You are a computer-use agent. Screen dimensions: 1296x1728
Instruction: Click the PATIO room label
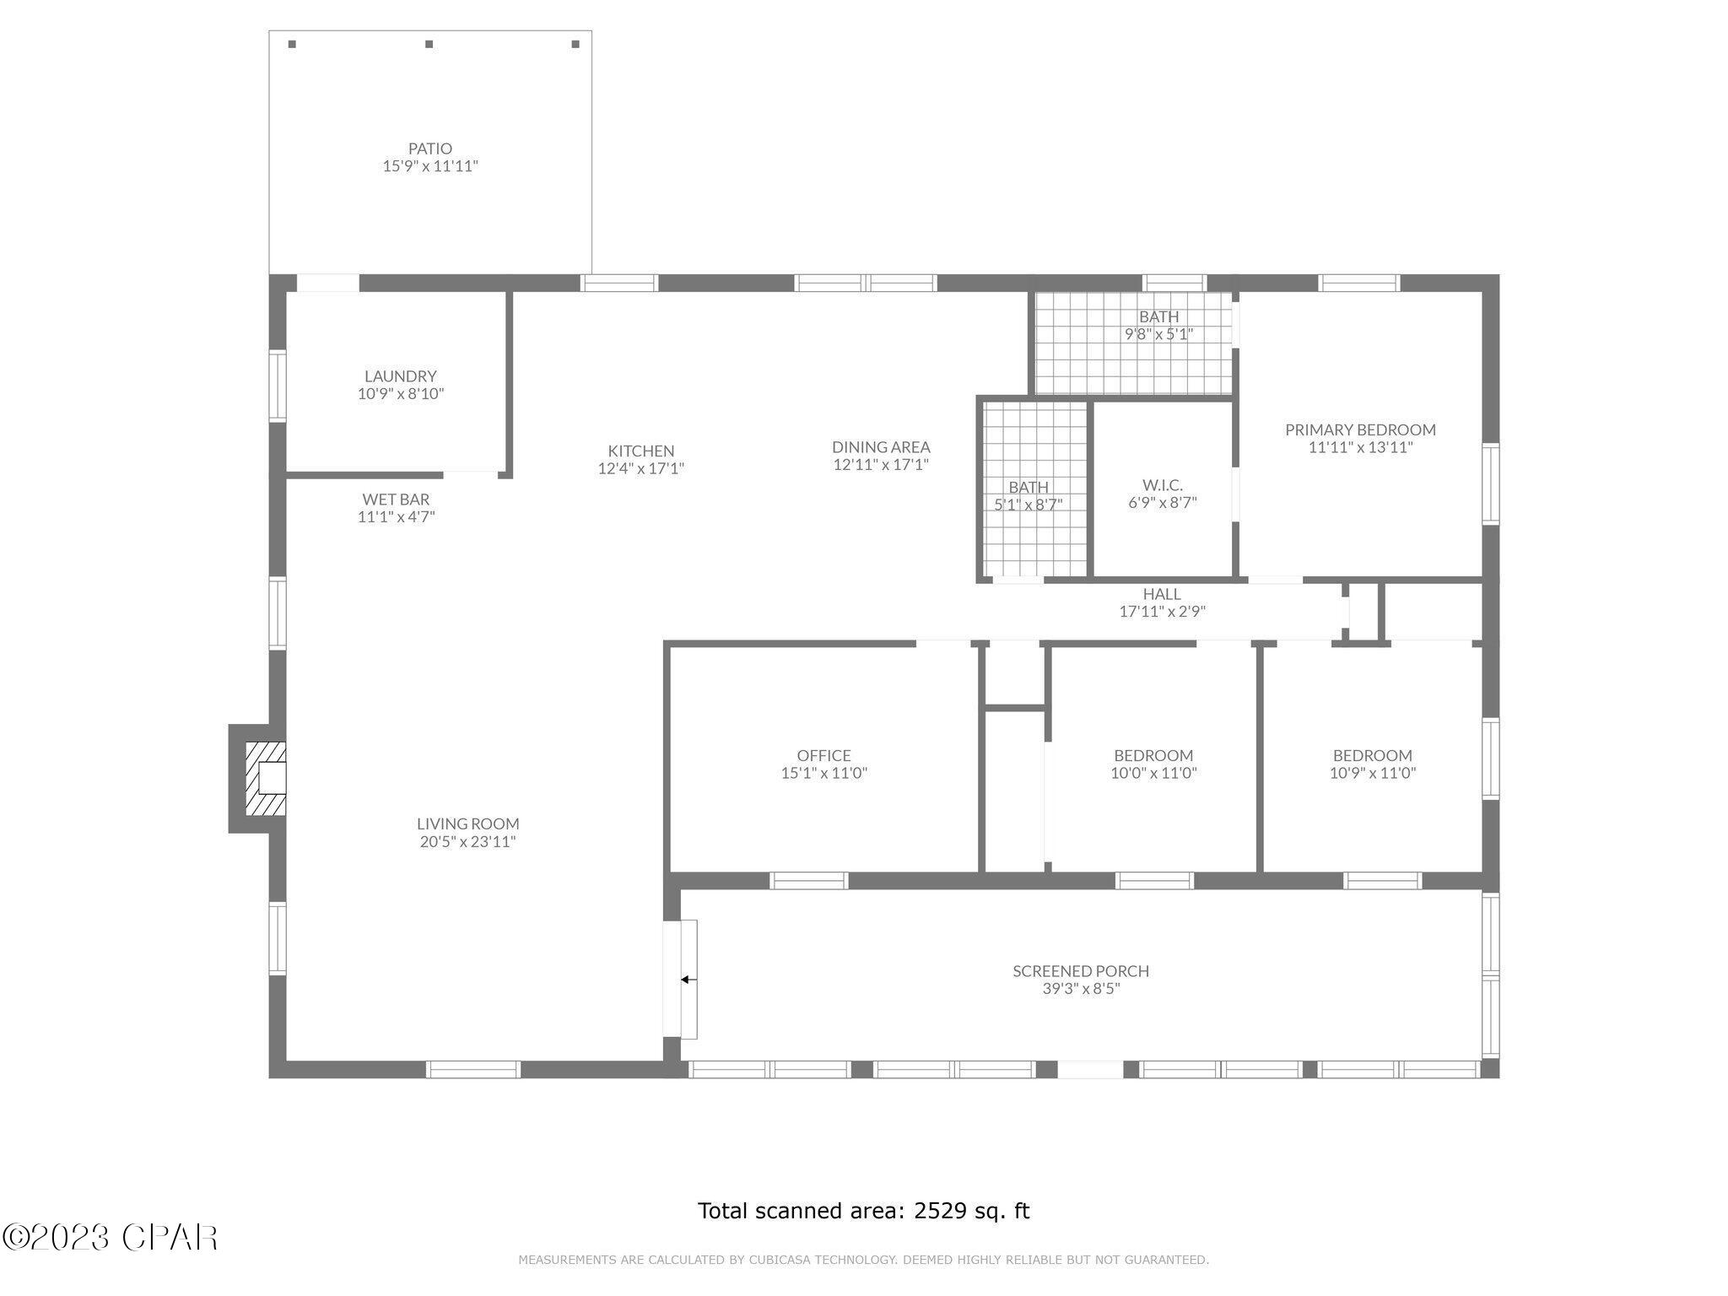tap(430, 148)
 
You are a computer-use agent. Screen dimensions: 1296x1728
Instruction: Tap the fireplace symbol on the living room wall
tap(266, 778)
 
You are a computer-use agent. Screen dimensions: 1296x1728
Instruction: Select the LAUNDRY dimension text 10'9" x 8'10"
tap(400, 394)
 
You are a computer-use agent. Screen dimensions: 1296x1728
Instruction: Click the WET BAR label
tap(396, 499)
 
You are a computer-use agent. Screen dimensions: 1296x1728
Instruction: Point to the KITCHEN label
tap(640, 451)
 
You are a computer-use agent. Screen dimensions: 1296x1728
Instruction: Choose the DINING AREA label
tap(881, 447)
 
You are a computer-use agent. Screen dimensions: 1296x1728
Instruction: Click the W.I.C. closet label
tap(1162, 485)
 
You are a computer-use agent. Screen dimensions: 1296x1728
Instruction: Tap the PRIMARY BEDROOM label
tap(1360, 429)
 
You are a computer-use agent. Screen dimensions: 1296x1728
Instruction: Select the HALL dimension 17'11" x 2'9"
tap(1162, 612)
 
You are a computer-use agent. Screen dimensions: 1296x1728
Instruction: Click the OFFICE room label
tap(823, 755)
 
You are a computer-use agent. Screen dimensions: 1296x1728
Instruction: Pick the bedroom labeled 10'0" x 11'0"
tap(1153, 764)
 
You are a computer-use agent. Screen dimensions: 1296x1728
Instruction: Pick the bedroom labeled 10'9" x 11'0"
tap(1372, 764)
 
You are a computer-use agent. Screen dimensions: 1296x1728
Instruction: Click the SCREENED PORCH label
tap(1080, 971)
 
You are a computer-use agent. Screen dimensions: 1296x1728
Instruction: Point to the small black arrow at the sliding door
tap(686, 980)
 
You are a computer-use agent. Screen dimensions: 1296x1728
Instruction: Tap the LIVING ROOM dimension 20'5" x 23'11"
tap(467, 841)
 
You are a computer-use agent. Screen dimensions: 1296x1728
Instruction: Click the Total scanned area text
tap(863, 1211)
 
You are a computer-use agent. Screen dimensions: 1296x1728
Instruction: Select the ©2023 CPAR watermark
tap(110, 1238)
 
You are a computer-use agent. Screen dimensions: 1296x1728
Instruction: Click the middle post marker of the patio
tap(429, 44)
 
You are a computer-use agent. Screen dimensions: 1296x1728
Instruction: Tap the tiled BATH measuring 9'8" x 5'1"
tap(1158, 325)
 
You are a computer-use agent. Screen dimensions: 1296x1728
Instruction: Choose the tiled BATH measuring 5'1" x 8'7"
tap(1028, 495)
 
